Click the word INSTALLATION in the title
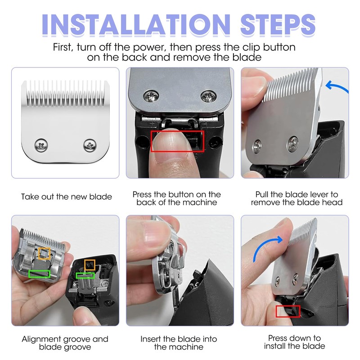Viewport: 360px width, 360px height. tap(136, 24)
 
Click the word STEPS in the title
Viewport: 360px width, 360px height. tap(278, 24)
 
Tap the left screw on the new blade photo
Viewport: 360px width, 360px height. tap(41, 145)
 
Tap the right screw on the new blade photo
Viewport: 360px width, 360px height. tap(90, 145)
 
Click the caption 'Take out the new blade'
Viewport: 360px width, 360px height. tap(67, 197)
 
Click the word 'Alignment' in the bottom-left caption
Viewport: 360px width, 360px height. tap(41, 339)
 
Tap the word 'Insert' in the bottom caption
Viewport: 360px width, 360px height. tap(151, 339)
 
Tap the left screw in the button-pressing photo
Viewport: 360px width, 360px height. tap(151, 96)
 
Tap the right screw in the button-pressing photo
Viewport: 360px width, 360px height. tap(208, 96)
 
